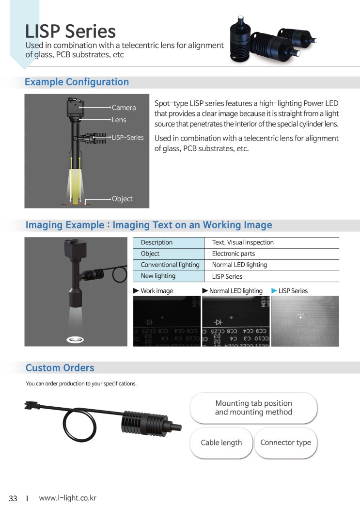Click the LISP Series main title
(x=71, y=32)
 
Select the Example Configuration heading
(x=77, y=82)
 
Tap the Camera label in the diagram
(x=124, y=108)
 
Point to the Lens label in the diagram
(x=119, y=120)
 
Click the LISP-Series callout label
(x=128, y=137)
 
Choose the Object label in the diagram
(x=122, y=199)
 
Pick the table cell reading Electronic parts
(x=233, y=254)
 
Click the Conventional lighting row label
(x=170, y=265)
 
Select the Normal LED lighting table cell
(x=239, y=265)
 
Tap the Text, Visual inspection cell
(x=243, y=242)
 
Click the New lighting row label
(x=158, y=276)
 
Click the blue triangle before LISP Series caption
(x=274, y=290)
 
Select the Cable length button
(x=221, y=443)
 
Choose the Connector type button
(x=285, y=443)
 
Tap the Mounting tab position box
(x=253, y=408)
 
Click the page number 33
(x=13, y=498)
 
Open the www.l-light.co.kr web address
(x=67, y=498)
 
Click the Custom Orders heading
(x=60, y=368)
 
